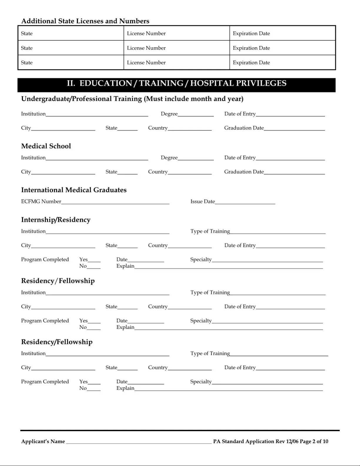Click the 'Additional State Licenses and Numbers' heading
pos(85,21)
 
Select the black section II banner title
pos(176,83)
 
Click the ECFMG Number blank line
pos(115,202)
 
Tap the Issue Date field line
pos(245,202)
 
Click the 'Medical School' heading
pos(46,146)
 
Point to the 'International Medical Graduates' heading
pos(74,190)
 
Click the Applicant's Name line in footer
pos(139,441)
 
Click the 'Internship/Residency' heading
pos(56,220)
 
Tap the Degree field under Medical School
pos(196,158)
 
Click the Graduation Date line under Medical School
pos(294,172)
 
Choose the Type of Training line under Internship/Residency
pos(278,231)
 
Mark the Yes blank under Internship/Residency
pos(94,260)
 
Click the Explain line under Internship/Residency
pos(228,266)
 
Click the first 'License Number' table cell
pos(177,33)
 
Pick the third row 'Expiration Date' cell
pos(282,62)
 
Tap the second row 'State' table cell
pos(71,48)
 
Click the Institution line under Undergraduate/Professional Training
pos(97,114)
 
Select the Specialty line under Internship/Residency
pos(267,260)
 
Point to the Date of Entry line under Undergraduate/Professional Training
pos(290,114)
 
